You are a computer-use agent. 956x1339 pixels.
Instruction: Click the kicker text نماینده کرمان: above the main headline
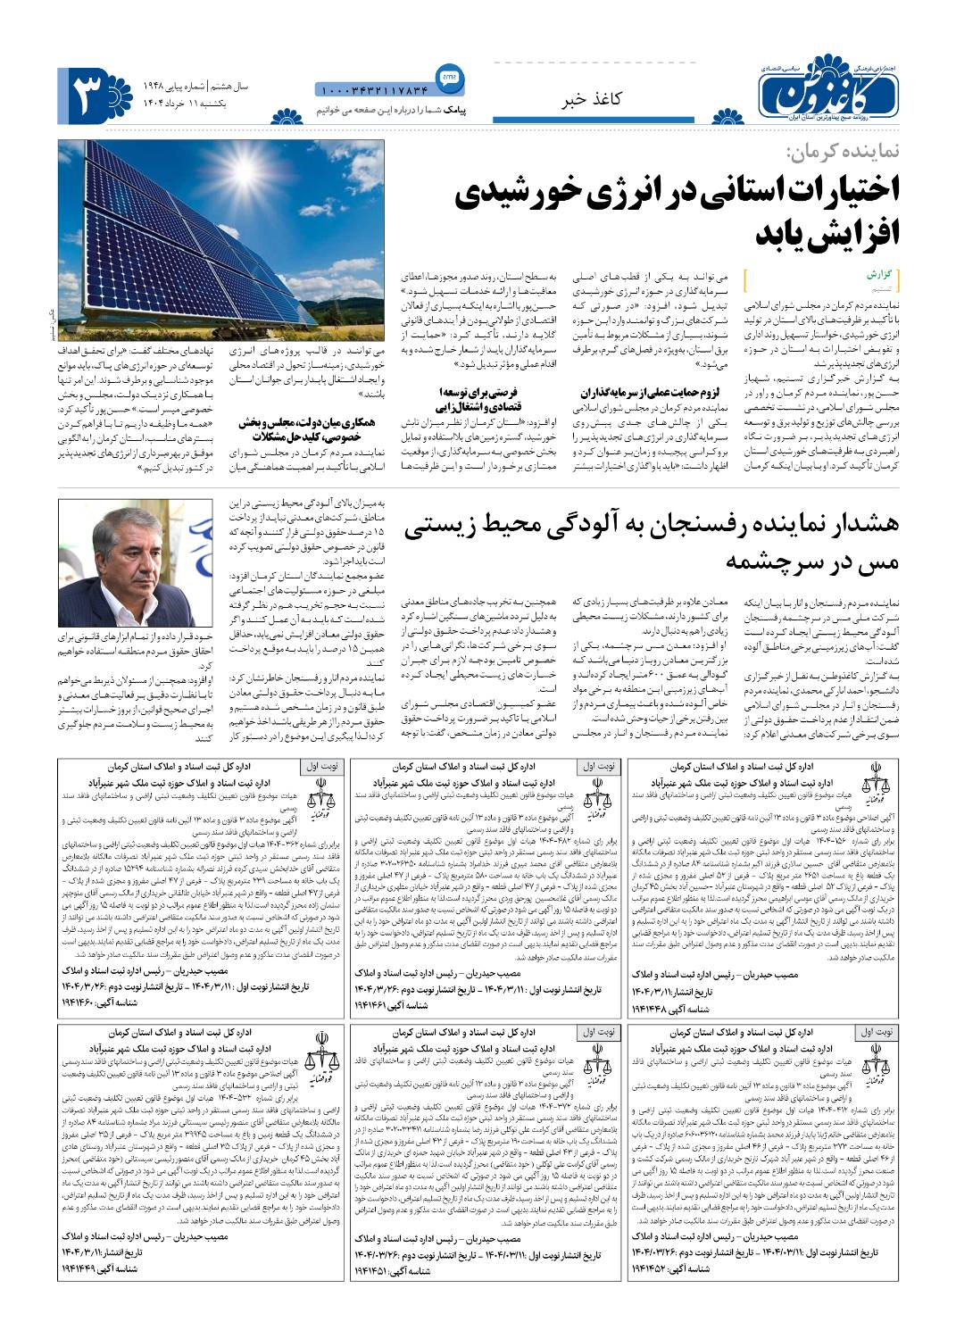click(x=843, y=153)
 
